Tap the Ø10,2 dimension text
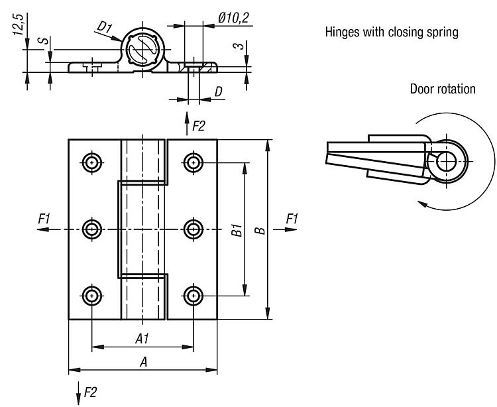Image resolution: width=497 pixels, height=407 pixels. [x=233, y=17]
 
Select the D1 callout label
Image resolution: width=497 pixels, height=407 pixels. [x=103, y=28]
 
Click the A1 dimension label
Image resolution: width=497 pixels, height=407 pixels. [x=142, y=339]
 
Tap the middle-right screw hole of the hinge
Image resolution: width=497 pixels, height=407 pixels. [x=193, y=229]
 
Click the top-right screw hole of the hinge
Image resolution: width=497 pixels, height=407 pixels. [x=193, y=161]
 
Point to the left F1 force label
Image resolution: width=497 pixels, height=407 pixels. [x=44, y=218]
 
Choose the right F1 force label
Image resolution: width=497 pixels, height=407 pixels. [x=292, y=218]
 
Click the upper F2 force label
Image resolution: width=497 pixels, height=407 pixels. [x=198, y=125]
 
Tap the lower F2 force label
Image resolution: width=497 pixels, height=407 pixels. [x=89, y=392]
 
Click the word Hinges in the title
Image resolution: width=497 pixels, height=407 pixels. [x=341, y=32]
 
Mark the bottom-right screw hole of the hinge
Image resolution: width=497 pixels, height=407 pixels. [x=193, y=296]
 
